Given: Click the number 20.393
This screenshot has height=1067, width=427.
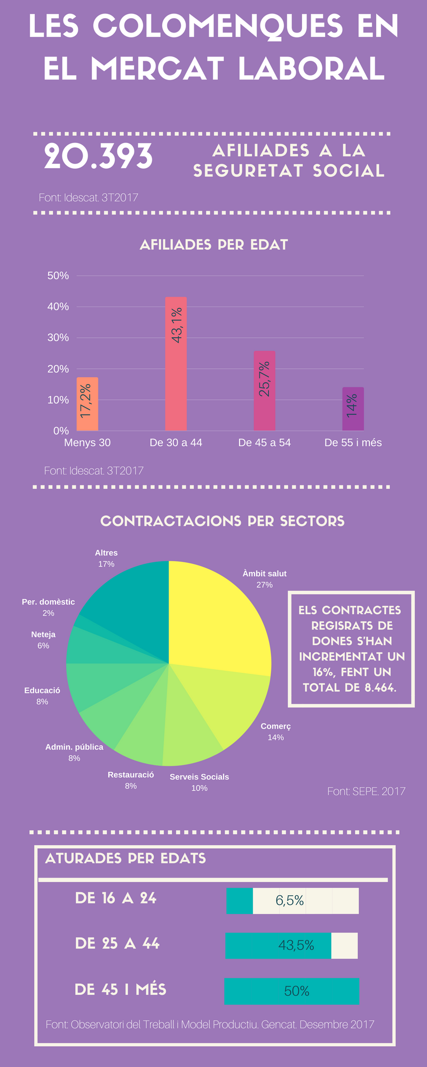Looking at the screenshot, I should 99,157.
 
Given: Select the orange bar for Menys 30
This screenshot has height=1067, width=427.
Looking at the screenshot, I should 87,404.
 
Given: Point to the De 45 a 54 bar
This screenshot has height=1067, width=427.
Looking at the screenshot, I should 264,391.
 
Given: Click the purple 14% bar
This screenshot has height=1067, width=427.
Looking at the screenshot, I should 353,409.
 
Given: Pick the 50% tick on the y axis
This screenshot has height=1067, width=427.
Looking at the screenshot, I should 58,276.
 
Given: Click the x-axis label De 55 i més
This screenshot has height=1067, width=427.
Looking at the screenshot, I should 353,442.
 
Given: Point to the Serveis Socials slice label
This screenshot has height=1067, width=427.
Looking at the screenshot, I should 199,777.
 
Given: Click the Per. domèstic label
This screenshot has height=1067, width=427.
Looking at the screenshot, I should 48,602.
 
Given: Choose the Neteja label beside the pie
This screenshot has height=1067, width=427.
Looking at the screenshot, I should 43,634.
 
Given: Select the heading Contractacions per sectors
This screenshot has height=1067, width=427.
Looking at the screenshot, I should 222,521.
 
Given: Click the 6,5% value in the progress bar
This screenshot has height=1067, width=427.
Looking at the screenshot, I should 290,901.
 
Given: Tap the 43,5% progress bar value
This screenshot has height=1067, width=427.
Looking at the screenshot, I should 296,945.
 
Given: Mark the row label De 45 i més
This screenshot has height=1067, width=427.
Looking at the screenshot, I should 121,990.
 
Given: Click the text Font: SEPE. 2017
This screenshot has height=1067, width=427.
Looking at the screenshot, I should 366,791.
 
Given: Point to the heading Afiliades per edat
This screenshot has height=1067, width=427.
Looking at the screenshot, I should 213,245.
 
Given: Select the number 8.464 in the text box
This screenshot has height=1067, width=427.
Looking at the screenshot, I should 380,687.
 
